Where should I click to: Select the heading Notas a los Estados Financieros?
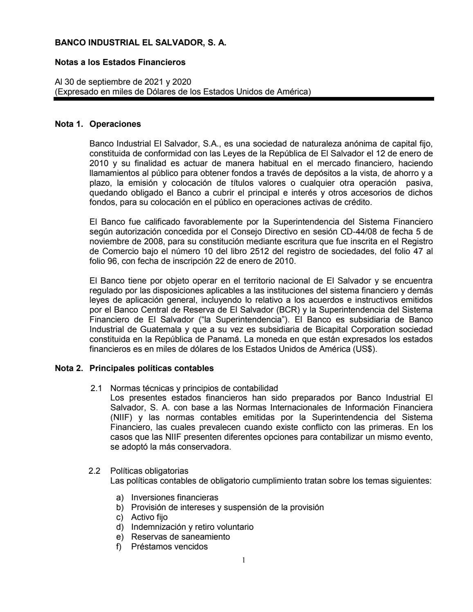click(120, 63)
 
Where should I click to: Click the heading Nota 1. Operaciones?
click(98, 124)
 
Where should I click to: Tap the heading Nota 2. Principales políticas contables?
click(134, 368)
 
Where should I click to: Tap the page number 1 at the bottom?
click(243, 560)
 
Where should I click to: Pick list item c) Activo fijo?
click(149, 517)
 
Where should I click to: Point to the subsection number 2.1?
click(96, 388)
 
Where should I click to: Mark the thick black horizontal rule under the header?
click(244, 99)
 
